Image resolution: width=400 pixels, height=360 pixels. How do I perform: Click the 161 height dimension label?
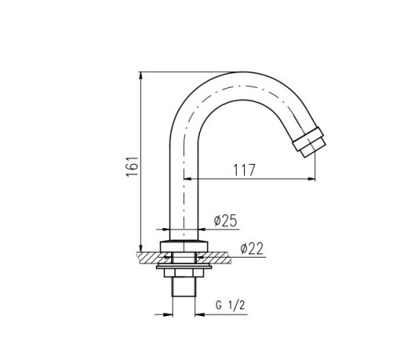[x=133, y=166]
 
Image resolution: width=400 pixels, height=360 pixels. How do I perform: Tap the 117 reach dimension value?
[x=245, y=170]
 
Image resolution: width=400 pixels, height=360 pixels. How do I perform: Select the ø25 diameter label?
[x=226, y=221]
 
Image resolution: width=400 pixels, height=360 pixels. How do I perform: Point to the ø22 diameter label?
[x=252, y=249]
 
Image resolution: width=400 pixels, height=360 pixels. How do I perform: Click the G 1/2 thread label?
[x=230, y=305]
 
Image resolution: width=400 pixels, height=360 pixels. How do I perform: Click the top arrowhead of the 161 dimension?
[x=141, y=75]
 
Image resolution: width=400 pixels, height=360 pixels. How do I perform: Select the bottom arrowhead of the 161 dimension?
[x=141, y=248]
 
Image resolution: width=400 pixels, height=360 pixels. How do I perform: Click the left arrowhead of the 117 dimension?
[x=188, y=179]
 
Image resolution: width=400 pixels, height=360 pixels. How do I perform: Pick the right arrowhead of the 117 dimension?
[x=312, y=179]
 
